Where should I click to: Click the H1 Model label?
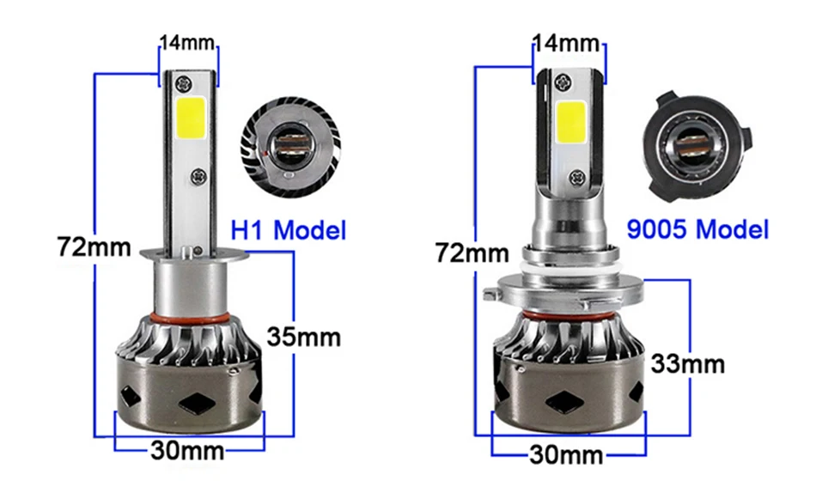point(289,230)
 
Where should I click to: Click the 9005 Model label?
point(697,229)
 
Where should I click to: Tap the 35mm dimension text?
point(304,337)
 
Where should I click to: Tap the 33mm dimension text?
point(687,364)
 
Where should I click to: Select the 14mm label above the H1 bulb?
point(187,42)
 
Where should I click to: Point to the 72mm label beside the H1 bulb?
point(94,246)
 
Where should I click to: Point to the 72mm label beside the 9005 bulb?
point(472,253)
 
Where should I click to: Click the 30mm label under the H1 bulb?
point(188,450)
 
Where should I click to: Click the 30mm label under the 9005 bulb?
point(567,455)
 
